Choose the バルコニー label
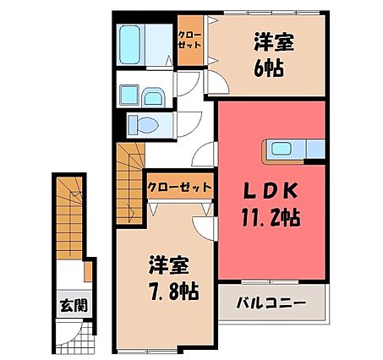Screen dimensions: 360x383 click(x=271, y=303)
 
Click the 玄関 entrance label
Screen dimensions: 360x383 click(x=70, y=306)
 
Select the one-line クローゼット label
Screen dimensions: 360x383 click(x=179, y=187)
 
